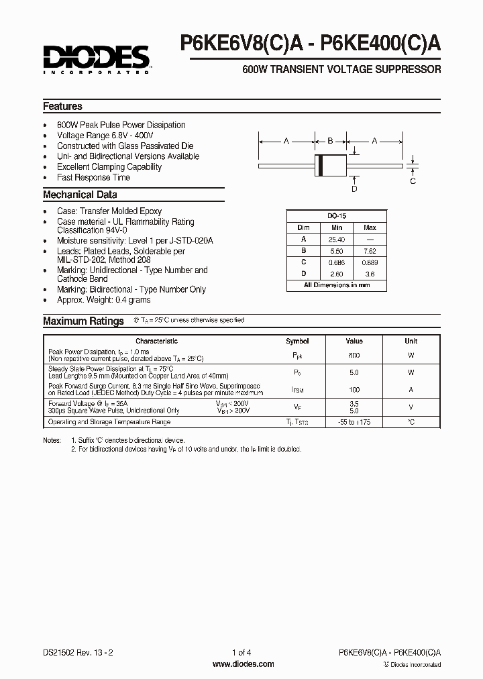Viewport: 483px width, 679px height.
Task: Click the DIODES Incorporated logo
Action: coord(97,58)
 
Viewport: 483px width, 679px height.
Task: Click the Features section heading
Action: coord(62,107)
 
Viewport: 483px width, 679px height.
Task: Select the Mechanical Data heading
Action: coord(80,195)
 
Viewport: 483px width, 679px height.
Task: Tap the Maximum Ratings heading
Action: coord(83,321)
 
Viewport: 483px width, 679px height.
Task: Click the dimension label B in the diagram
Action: coord(330,141)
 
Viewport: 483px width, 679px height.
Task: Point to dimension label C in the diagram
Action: coord(413,181)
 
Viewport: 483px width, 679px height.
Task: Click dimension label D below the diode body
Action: coord(354,189)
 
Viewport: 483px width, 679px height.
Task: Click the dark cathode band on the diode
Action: coord(321,164)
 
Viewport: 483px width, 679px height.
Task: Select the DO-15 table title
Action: coord(337,217)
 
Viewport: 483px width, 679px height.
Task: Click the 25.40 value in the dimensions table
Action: coord(337,240)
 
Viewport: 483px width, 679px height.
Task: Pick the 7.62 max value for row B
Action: coord(370,251)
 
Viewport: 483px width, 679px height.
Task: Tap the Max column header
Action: coord(370,228)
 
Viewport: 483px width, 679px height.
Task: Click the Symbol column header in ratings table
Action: coord(297,342)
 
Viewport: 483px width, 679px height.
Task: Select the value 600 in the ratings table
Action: coord(354,356)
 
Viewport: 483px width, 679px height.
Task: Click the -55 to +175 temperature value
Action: coord(354,422)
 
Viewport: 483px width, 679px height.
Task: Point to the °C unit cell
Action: coord(411,422)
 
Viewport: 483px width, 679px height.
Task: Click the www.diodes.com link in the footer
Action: coord(243,664)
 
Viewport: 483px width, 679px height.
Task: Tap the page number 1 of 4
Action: coord(242,652)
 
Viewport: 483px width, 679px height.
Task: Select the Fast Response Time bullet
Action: coord(93,178)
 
